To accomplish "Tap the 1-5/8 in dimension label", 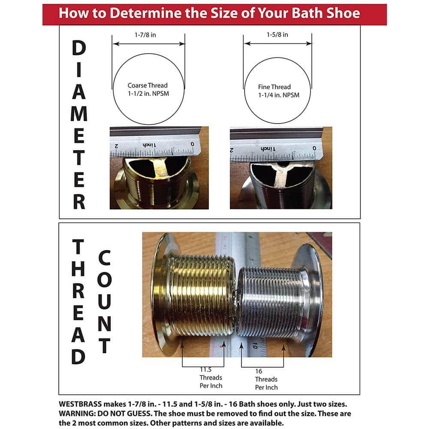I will point(276,35).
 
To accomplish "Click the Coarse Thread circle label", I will point(148,90).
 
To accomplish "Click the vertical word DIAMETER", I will point(79,125).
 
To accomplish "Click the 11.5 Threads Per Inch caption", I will point(211,378).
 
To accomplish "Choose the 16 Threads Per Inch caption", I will point(266,379).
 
